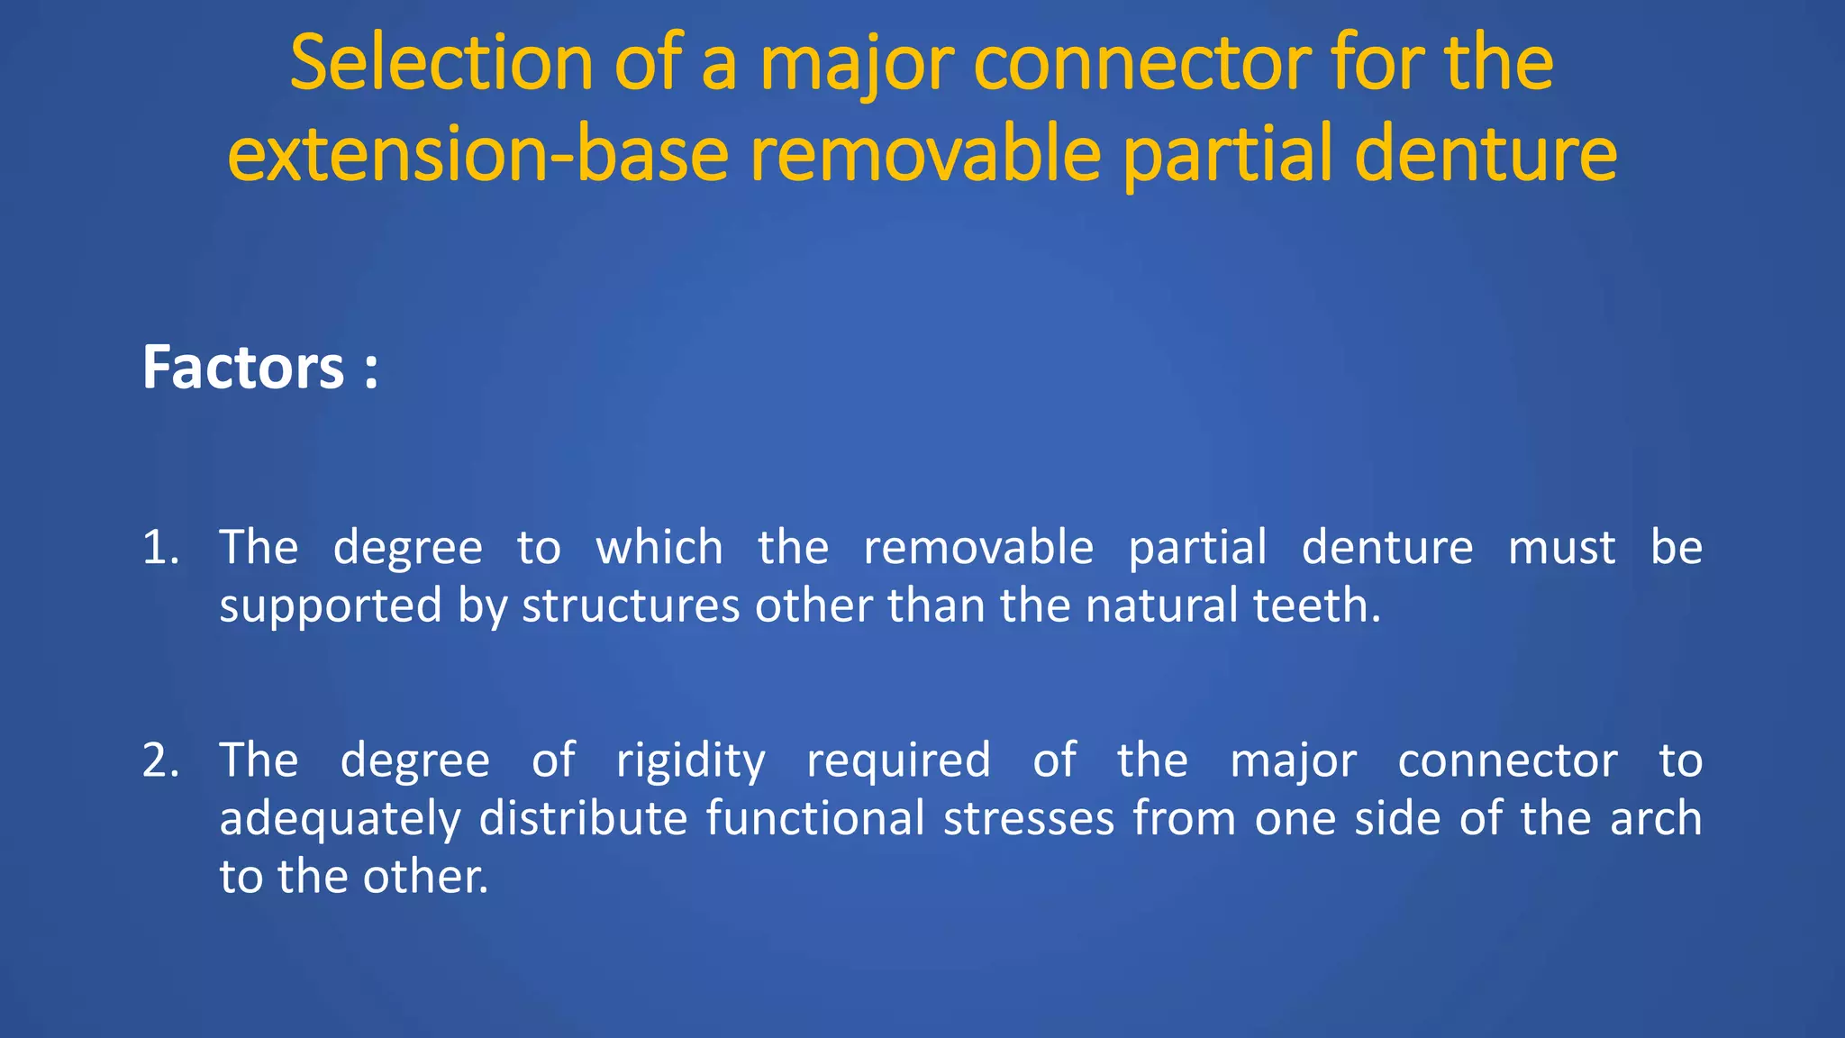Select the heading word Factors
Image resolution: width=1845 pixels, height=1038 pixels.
tap(243, 368)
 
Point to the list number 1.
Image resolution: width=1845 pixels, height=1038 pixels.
tap(159, 548)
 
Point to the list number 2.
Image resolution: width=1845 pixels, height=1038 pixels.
tap(160, 760)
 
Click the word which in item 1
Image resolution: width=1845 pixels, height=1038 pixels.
tap(659, 548)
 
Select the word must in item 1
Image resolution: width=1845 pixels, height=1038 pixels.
tap(1561, 548)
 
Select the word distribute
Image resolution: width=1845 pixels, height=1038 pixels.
tap(584, 819)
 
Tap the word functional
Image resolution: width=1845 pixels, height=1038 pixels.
tap(815, 819)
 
